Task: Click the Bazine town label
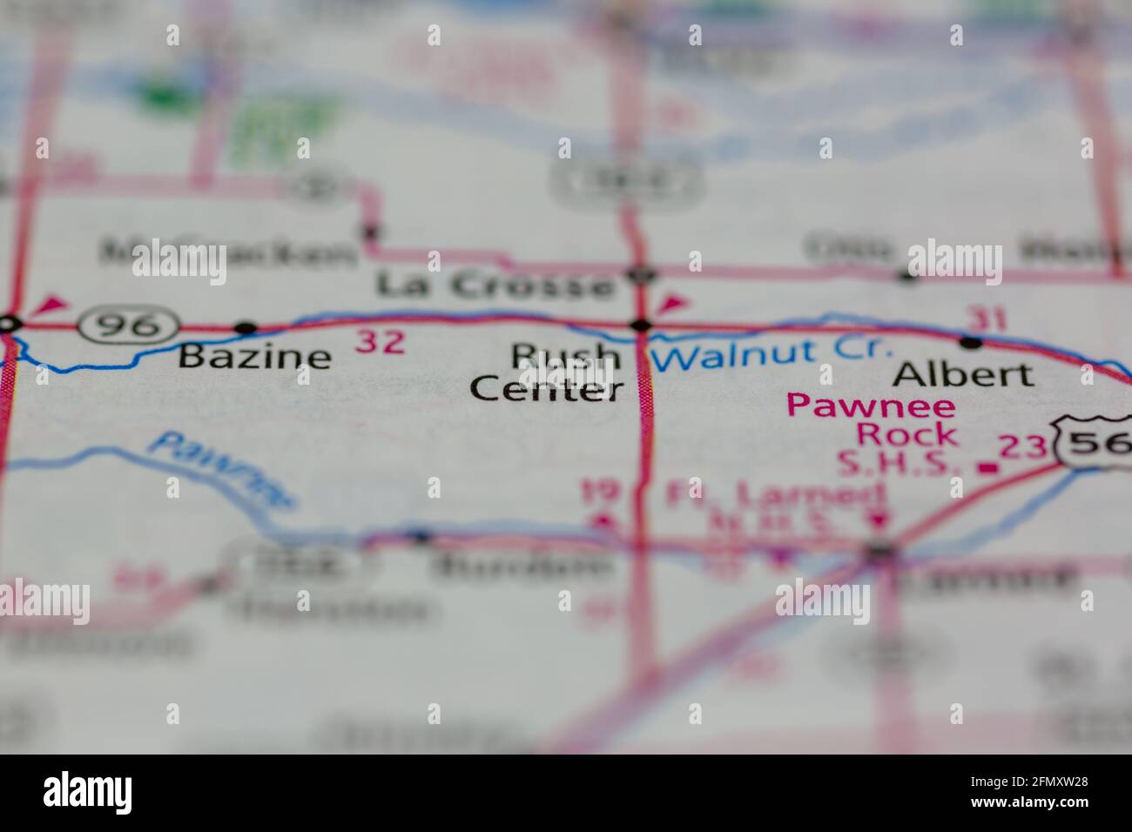click(x=254, y=357)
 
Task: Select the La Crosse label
click(x=495, y=285)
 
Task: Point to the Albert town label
click(x=964, y=374)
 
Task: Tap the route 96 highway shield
click(x=128, y=325)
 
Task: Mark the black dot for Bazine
click(x=246, y=328)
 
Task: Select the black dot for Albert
click(x=970, y=342)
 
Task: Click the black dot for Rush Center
click(x=642, y=326)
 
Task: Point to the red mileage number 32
click(x=381, y=342)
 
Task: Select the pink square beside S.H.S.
click(x=987, y=468)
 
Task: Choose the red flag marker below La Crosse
click(x=673, y=304)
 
